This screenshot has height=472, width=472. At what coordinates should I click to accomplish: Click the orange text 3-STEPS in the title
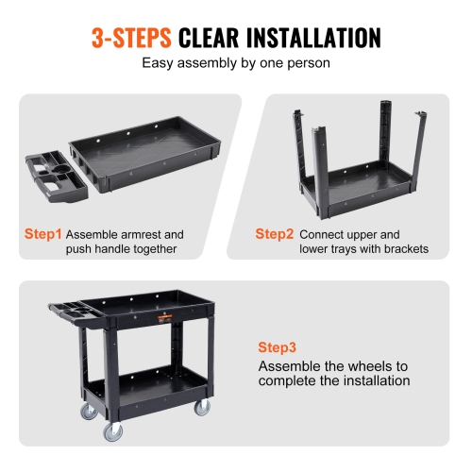tap(131, 38)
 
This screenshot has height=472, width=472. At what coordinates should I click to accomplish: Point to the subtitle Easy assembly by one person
tap(235, 64)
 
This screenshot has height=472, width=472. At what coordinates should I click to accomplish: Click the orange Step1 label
tap(43, 233)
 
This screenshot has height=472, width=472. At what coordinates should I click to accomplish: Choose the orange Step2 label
tap(274, 233)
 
